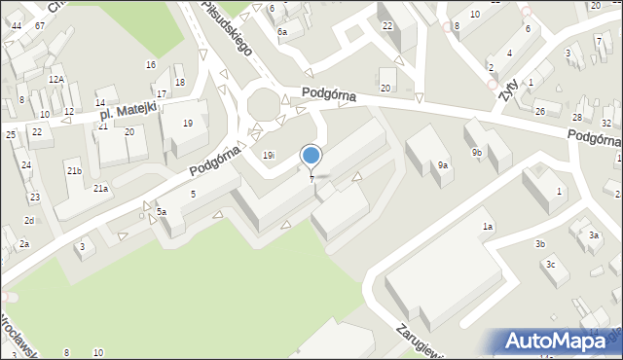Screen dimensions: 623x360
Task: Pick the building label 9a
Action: point(442,165)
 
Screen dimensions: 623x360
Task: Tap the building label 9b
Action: point(477,153)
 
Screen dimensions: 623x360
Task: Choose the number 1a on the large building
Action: point(487,227)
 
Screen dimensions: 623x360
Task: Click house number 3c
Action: point(550,265)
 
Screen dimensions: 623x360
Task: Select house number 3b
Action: point(539,243)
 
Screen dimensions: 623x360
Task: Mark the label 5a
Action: point(162,211)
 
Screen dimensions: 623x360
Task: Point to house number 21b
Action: point(74,171)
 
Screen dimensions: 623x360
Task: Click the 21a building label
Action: point(100,189)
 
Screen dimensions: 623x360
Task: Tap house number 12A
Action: point(56,79)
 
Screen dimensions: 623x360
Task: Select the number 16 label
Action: point(150,65)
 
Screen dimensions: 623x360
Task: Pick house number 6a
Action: point(282,32)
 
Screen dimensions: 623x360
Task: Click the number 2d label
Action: point(29,221)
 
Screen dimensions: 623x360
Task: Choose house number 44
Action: point(16,25)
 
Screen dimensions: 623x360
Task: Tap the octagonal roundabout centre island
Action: point(263,103)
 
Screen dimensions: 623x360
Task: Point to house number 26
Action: point(540,111)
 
